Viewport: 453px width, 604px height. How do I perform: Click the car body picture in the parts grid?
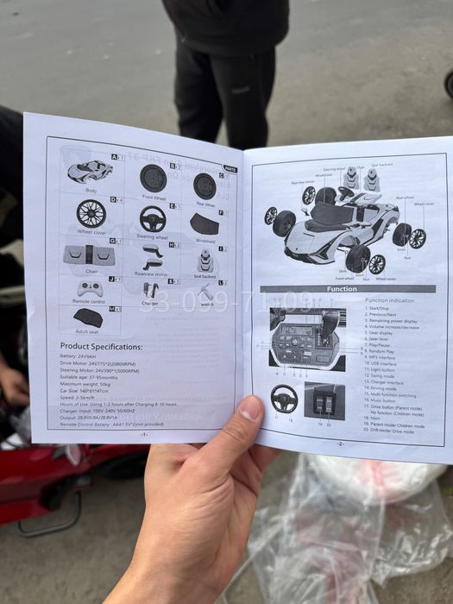pos(89,171)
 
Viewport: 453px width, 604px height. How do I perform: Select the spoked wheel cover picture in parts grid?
pos(91,213)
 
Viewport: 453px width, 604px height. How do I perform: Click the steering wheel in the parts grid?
pos(153,219)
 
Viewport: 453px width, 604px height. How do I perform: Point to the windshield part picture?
pos(204,224)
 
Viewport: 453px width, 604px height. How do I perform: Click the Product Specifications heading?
pos(101,346)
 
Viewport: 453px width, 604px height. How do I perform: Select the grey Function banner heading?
pos(342,289)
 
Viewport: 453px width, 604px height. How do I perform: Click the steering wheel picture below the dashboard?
pos(284,398)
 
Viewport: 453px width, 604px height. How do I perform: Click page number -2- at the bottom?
pos(339,444)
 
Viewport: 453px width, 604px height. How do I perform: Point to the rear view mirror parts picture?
pos(153,256)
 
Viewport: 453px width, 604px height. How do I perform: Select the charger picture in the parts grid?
pos(151,291)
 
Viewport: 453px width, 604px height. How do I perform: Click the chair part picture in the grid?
pos(89,255)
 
